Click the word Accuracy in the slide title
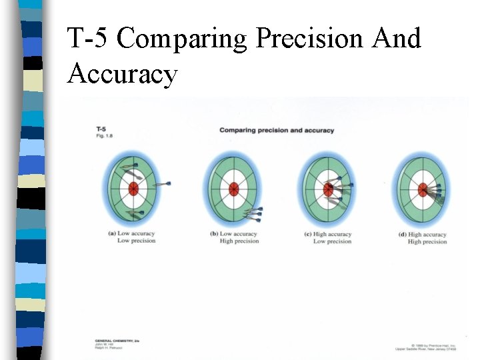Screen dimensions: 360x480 click(122, 73)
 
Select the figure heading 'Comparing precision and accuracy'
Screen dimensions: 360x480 click(277, 130)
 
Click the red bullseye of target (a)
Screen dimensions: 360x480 click(133, 189)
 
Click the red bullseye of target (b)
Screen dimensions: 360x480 click(233, 189)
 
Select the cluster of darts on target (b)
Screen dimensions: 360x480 click(252, 213)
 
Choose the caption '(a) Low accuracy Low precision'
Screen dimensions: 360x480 click(131, 237)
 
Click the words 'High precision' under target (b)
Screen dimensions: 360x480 click(239, 241)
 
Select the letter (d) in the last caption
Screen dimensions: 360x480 click(403, 235)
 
